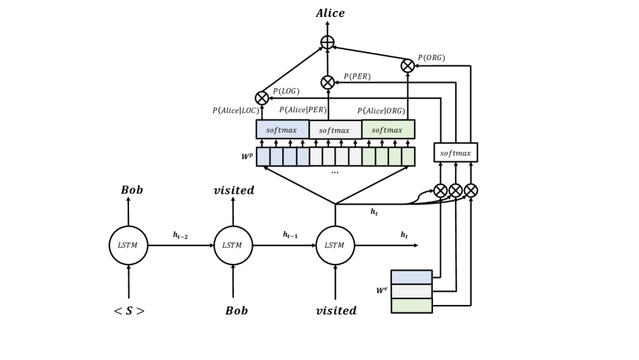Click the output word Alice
coord(330,13)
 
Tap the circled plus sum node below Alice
coord(328,43)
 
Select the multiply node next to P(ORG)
coord(407,66)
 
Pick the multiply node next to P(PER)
coord(328,82)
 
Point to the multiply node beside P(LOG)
coord(262,98)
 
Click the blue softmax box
coord(282,130)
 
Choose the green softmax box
coord(388,130)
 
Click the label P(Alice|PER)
coord(303,110)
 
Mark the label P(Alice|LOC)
coord(236,111)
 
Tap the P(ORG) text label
coord(431,58)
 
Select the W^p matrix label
coord(247,157)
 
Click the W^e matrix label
coord(382,290)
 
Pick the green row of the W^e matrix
coord(411,306)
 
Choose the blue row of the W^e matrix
coord(411,277)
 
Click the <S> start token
coord(129,311)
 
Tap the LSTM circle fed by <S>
coord(128,246)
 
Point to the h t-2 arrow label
coord(180,235)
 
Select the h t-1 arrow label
coord(291,235)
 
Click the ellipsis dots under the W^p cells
coord(335,172)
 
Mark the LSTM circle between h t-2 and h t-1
coord(233,246)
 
